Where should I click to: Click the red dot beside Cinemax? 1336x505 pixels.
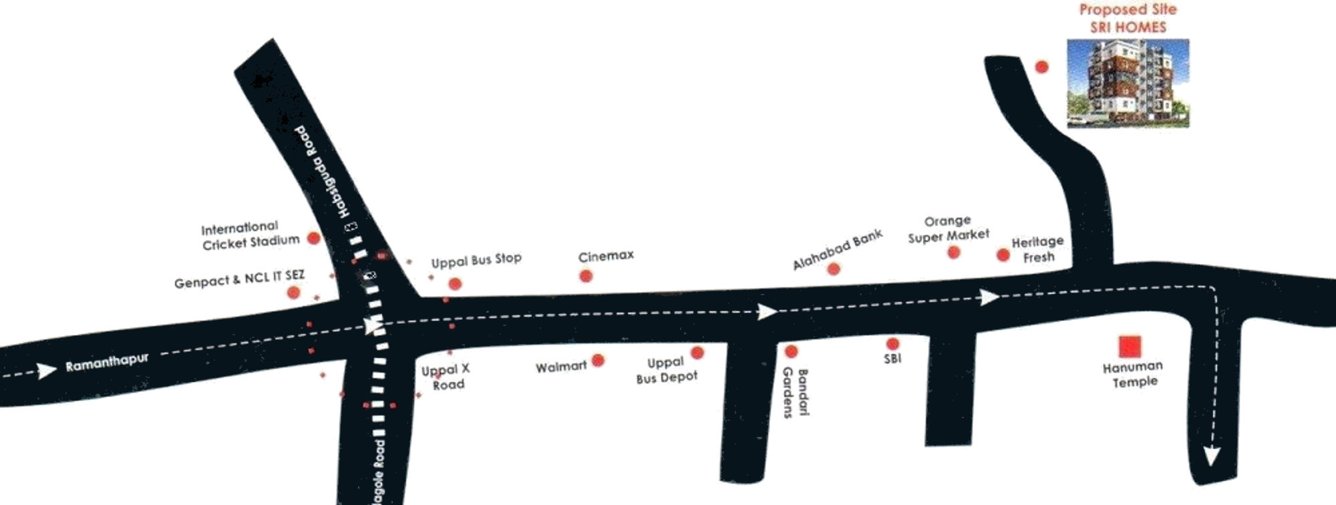(x=586, y=276)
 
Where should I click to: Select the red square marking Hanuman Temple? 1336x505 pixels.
(x=1129, y=348)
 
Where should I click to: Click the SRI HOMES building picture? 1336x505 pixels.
(x=1128, y=83)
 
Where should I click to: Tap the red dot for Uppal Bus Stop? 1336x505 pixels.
(x=455, y=284)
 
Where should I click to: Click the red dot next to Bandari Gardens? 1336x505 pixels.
(x=791, y=351)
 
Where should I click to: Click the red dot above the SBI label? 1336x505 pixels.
(x=893, y=344)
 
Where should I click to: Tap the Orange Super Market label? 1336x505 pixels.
(x=948, y=228)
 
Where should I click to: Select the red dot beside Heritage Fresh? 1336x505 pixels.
(x=1003, y=255)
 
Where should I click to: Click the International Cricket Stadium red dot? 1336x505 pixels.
(x=313, y=238)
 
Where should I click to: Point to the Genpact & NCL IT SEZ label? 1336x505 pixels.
(x=239, y=282)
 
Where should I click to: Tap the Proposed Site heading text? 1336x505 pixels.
(x=1127, y=10)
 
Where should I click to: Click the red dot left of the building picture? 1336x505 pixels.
(x=1041, y=67)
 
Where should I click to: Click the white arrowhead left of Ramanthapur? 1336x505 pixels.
(x=48, y=371)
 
